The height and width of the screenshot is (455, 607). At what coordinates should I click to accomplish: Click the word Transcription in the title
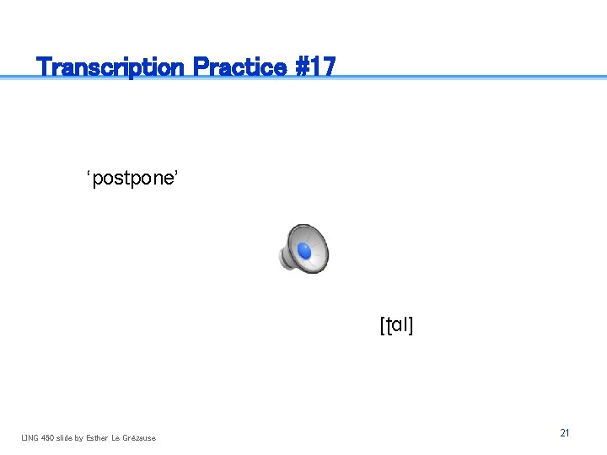(x=112, y=67)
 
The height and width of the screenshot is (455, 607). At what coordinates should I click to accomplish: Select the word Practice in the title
(x=239, y=67)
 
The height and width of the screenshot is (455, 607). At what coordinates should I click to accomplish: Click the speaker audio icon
(x=304, y=249)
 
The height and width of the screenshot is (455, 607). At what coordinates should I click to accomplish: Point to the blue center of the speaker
(x=304, y=251)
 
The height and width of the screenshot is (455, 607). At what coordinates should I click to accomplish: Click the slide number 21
(x=564, y=433)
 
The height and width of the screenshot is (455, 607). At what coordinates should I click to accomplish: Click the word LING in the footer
(x=30, y=437)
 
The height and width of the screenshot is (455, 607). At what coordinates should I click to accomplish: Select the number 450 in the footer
(x=49, y=437)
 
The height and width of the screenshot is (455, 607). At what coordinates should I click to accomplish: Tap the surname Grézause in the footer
(x=139, y=437)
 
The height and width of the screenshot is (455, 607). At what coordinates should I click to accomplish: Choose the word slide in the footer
(x=67, y=437)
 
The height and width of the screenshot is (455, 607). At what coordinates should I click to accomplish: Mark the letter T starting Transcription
(x=45, y=67)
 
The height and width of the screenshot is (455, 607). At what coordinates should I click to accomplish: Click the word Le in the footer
(x=116, y=437)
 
